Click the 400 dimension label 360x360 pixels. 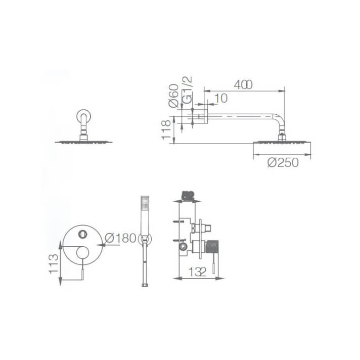243,84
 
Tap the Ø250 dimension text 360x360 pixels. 283,162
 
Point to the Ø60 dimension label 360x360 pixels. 173,96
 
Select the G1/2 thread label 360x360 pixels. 187,90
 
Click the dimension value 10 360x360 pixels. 221,98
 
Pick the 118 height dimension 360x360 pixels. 166,130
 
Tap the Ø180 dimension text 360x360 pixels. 120,238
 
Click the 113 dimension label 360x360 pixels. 53,263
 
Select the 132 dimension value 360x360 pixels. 198,272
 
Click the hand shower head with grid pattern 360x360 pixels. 145,203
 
